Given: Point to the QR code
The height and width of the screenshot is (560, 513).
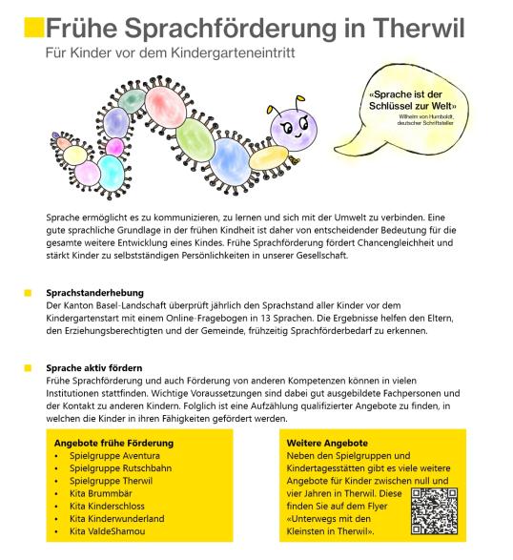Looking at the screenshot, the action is (435, 509).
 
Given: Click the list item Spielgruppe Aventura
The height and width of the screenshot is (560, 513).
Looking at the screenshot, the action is (114, 457).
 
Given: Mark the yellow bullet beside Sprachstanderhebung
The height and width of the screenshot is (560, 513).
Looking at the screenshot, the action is (29, 292).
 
